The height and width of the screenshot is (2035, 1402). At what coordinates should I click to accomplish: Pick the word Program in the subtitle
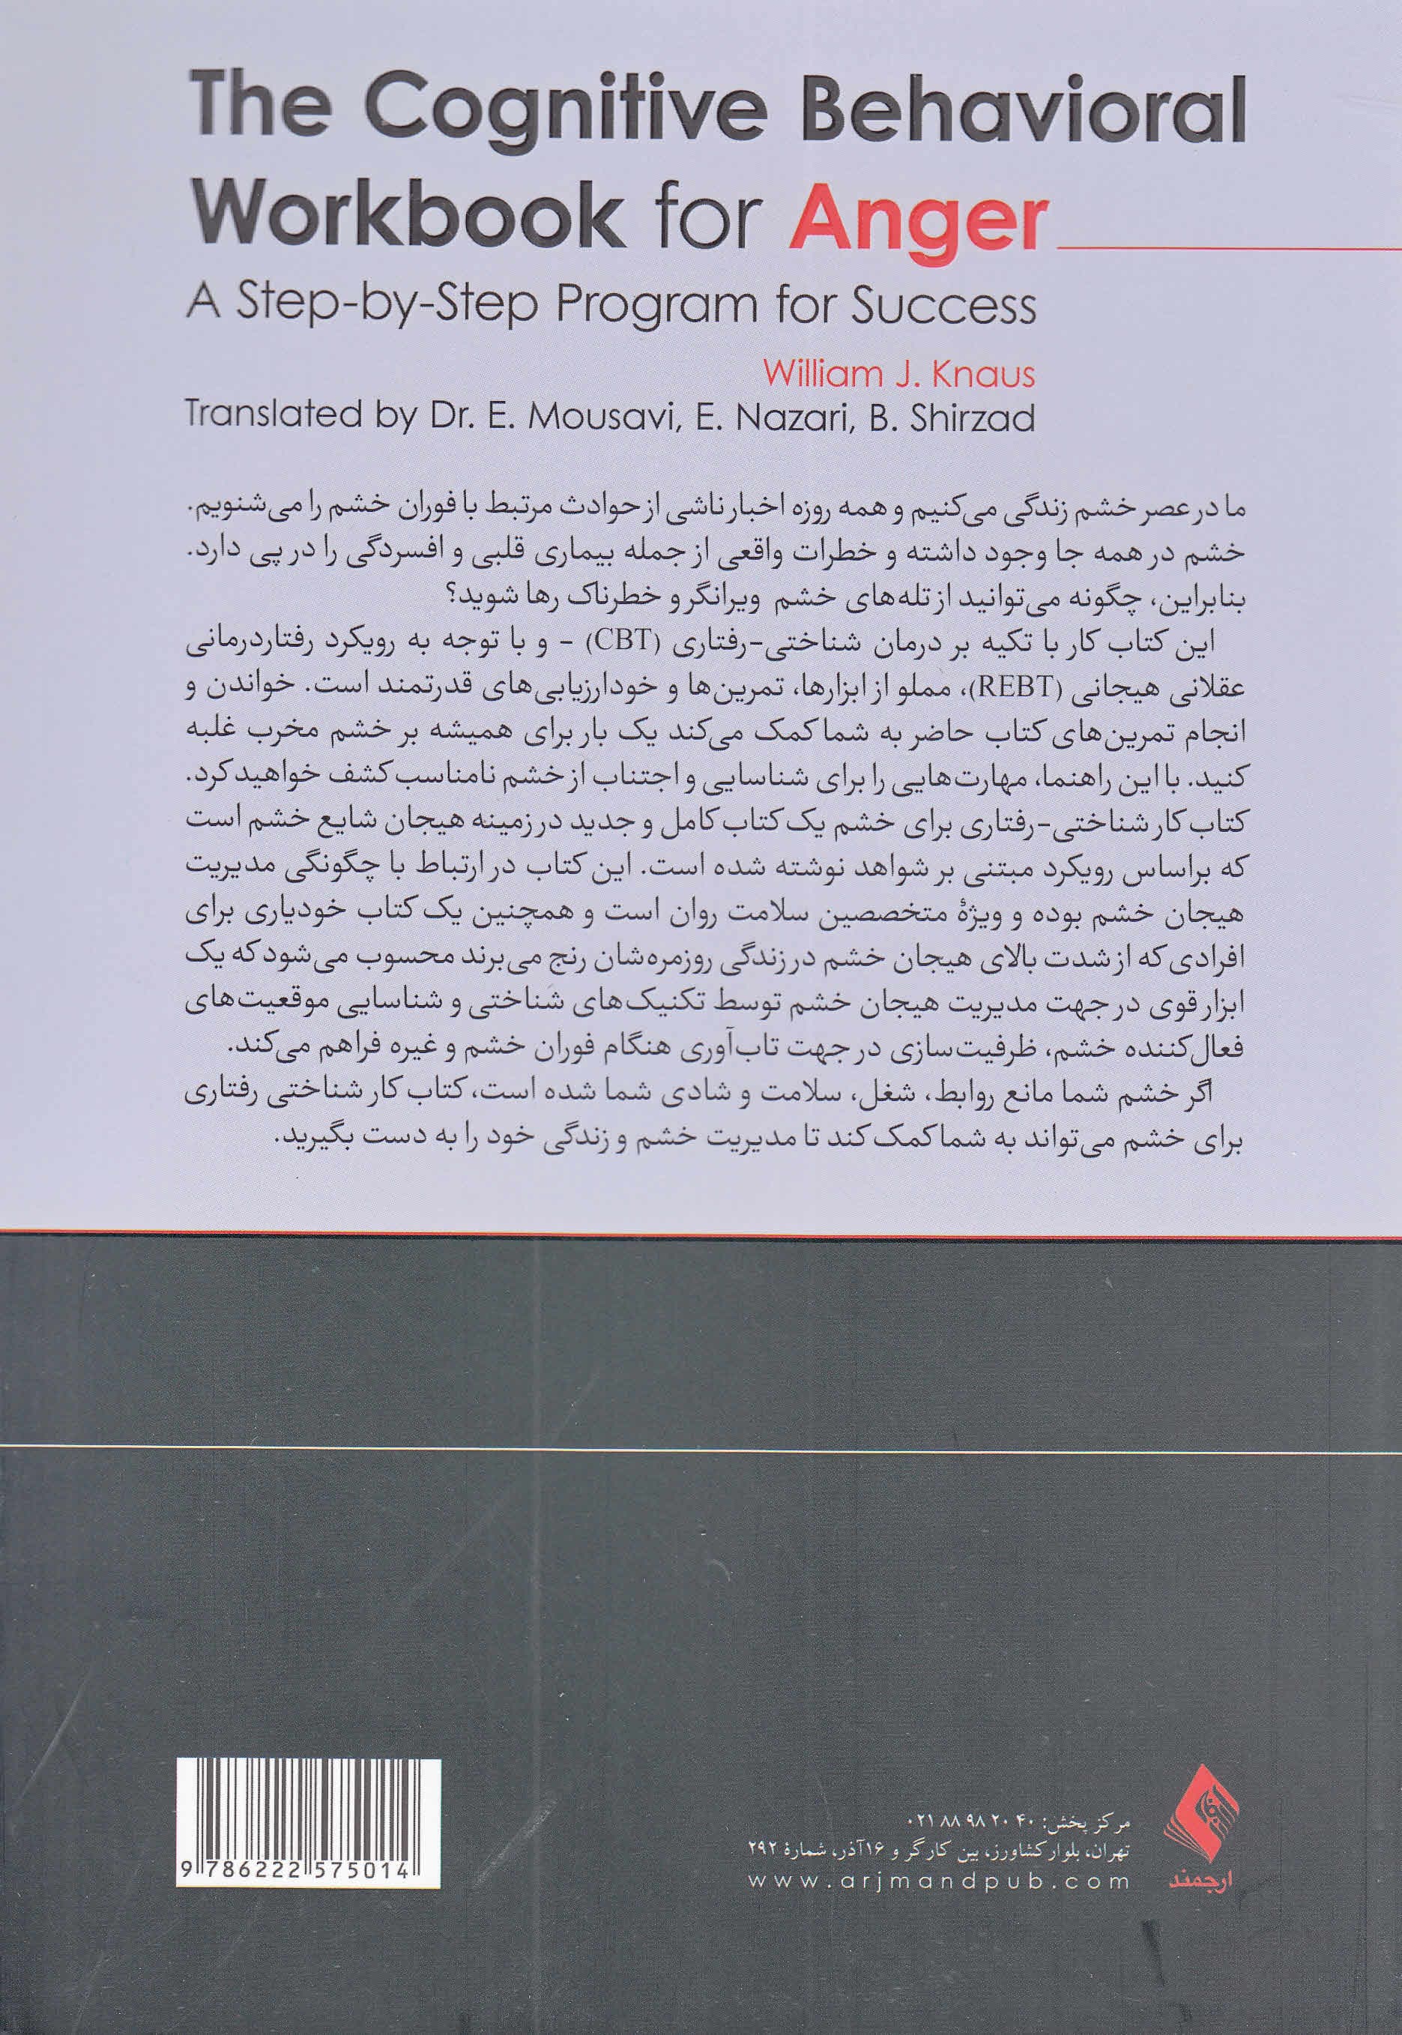pos(683,307)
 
